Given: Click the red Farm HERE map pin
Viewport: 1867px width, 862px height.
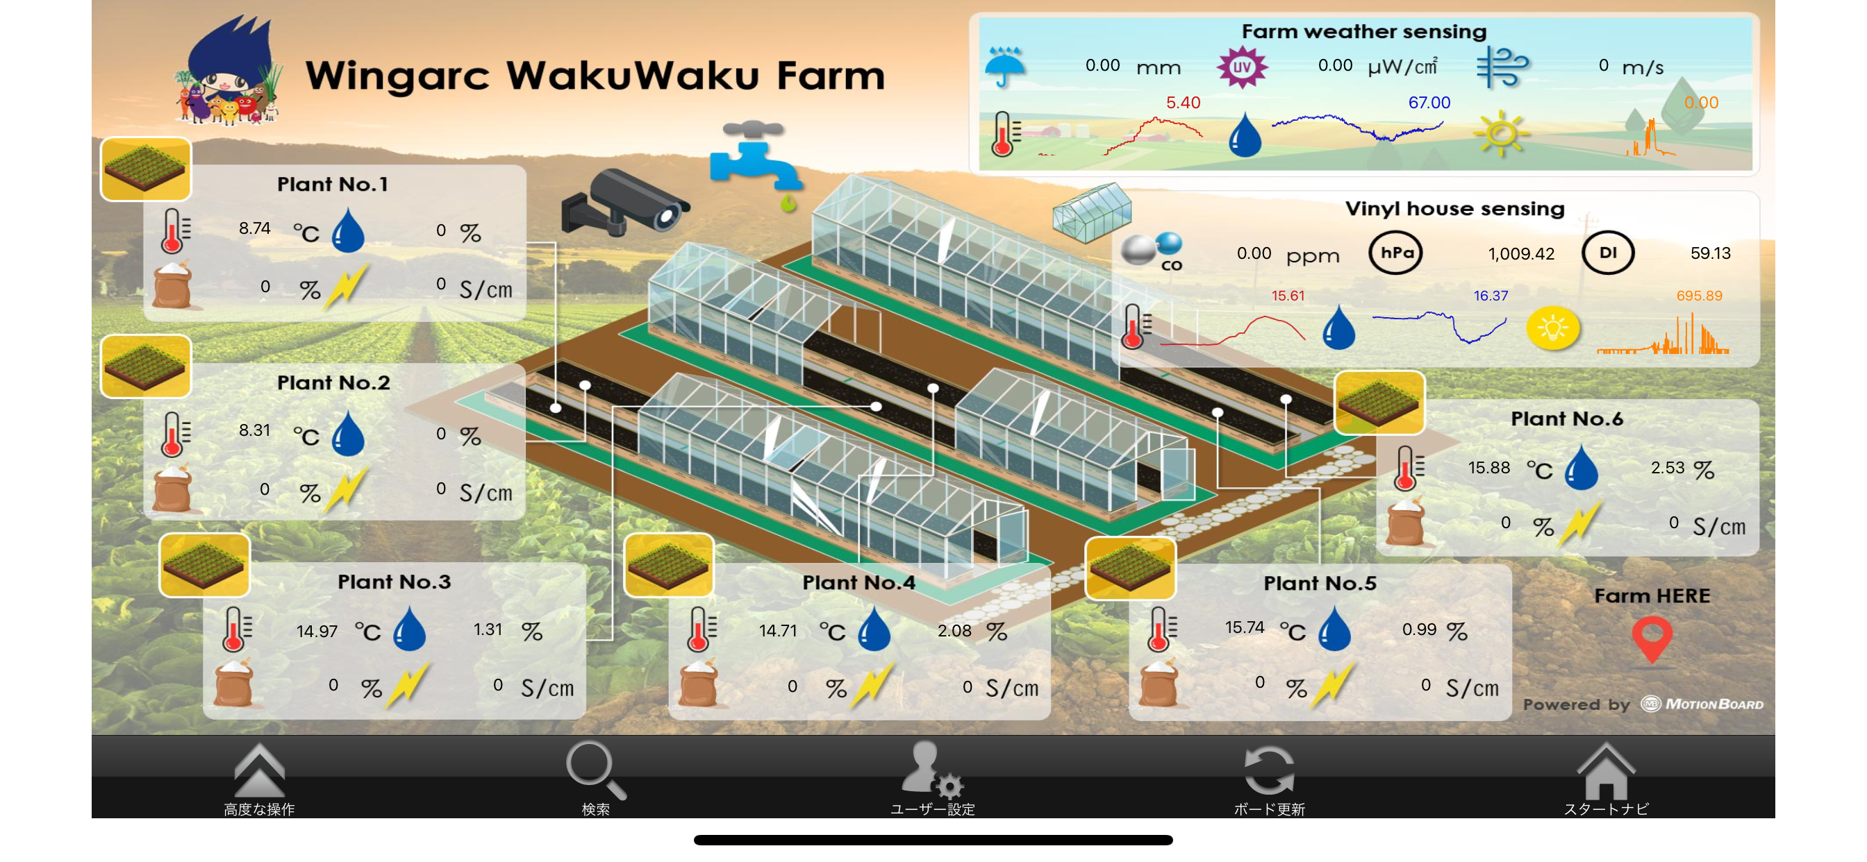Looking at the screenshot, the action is click(x=1652, y=640).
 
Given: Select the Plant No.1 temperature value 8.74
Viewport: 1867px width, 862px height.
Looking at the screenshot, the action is click(x=254, y=228).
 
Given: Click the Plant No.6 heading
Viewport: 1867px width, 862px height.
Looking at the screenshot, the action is click(x=1566, y=419).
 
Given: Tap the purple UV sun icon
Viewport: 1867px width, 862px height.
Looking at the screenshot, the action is click(x=1241, y=67).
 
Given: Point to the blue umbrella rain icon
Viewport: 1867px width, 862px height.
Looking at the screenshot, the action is click(x=1005, y=67).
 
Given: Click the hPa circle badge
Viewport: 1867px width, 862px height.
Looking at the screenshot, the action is click(x=1395, y=253).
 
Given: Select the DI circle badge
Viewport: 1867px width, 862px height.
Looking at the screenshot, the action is click(x=1607, y=253).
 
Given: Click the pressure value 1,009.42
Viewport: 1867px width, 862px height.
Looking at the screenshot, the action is click(x=1521, y=253).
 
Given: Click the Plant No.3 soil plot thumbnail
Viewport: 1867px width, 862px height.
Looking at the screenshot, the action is click(x=204, y=565).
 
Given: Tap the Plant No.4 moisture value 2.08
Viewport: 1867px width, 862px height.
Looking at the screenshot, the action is click(x=954, y=631).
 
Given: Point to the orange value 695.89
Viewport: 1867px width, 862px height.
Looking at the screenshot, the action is click(x=1699, y=296).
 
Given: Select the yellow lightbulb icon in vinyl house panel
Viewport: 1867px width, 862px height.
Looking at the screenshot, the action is click(x=1552, y=328).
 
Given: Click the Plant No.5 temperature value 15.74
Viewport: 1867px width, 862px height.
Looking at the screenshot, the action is click(x=1245, y=627).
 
